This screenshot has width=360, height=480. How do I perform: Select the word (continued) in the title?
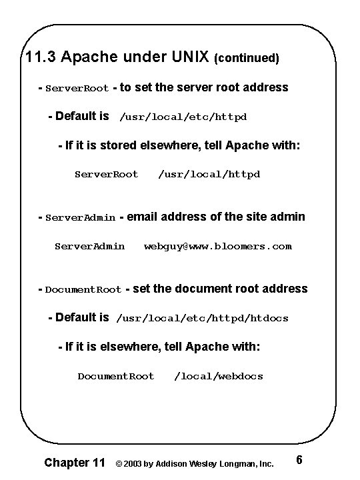click(x=246, y=58)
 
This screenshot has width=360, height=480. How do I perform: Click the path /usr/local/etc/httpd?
click(x=183, y=117)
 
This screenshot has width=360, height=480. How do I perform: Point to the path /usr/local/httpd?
click(x=209, y=174)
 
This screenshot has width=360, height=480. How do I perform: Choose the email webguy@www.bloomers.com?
click(x=218, y=246)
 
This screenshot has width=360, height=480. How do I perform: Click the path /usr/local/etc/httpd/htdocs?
click(x=203, y=319)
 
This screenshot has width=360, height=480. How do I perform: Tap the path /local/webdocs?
click(x=219, y=376)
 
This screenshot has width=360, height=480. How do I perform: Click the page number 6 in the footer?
click(x=299, y=460)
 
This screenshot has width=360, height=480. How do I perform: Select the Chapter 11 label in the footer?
click(x=74, y=461)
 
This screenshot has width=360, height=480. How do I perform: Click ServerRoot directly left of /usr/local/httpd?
click(x=106, y=174)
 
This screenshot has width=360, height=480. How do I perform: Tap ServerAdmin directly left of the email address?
click(x=89, y=246)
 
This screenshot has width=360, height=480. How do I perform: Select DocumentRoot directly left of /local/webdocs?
click(x=116, y=376)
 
